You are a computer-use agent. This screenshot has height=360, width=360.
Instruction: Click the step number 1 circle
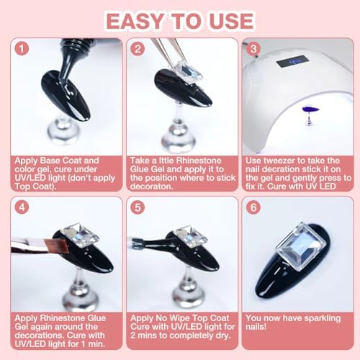click(22, 48)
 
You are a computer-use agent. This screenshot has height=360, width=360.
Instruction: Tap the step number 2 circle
click(138, 49)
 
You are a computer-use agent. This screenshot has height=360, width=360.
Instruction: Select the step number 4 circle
click(22, 207)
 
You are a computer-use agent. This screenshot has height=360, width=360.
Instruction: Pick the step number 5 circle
click(138, 207)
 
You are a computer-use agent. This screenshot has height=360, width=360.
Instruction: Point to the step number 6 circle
click(253, 207)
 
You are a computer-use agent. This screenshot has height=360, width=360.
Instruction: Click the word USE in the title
click(231, 21)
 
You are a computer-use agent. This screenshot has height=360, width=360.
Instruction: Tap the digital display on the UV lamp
click(292, 61)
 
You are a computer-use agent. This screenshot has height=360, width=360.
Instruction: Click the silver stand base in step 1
click(63, 130)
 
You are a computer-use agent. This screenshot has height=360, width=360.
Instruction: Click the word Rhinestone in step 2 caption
click(199, 161)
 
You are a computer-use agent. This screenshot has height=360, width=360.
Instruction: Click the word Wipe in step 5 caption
click(179, 318)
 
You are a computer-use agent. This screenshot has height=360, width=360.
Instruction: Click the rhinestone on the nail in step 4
click(81, 235)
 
